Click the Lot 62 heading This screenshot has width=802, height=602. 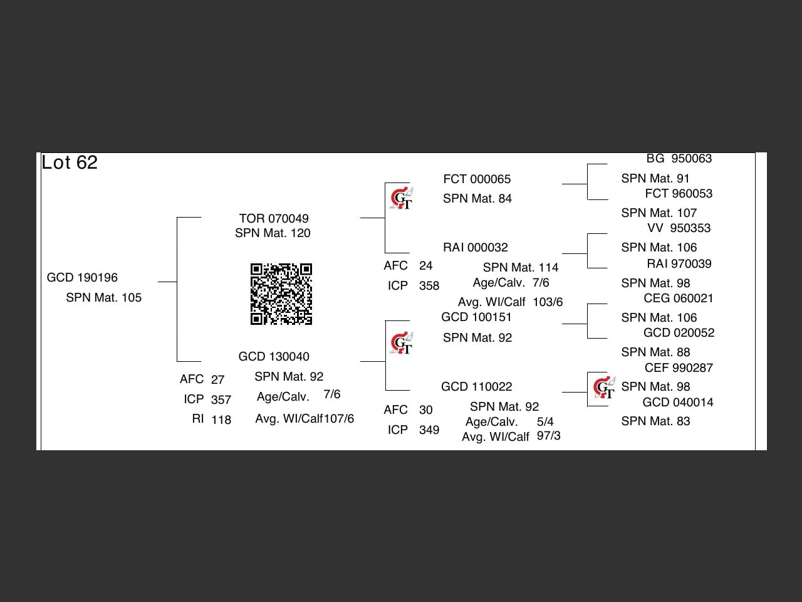pos(70,163)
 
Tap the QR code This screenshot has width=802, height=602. pos(281,294)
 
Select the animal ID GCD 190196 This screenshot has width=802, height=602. pos(82,278)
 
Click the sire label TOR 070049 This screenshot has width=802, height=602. pos(274,219)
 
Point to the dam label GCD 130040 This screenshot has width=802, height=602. pos(274,357)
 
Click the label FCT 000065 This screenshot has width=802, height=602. pos(477,179)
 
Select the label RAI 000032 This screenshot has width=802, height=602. pos(476,248)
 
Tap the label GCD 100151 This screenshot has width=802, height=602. pos(476,317)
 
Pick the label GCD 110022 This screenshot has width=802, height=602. pos(476,387)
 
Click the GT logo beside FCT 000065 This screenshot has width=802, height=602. pos(401,199)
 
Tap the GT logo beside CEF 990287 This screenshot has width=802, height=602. pos(604,388)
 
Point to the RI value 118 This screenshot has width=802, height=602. pos(221,420)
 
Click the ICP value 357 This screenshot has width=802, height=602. pos(221,400)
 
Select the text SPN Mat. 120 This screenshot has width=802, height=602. pos(273,233)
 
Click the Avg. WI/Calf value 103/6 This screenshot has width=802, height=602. pos(548,302)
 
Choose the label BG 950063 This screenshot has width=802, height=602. pos(679,159)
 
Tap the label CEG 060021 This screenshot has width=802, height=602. pos(679,298)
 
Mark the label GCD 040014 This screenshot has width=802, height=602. pos(678,403)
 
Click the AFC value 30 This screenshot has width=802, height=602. pos(426,410)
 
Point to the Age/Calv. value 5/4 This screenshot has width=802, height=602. pos(545,422)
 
